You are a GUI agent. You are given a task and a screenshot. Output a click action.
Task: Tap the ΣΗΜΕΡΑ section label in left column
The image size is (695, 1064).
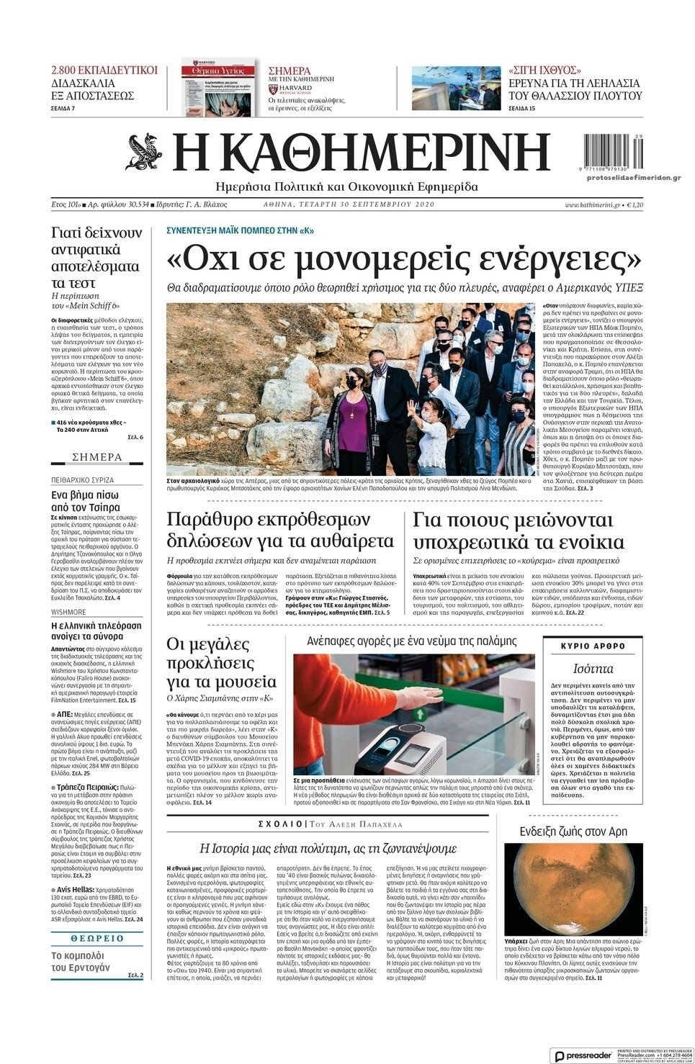97,457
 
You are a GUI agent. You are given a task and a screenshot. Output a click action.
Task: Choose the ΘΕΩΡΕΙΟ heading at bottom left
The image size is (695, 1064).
97,939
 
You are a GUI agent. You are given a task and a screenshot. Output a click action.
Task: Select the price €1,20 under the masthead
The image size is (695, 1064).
635,205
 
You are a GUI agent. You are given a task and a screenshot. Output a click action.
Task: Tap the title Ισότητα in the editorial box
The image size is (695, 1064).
593,667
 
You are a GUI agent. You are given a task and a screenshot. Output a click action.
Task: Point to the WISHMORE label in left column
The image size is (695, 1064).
68,612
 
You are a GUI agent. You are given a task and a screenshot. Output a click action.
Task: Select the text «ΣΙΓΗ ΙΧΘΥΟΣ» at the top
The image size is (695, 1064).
544,71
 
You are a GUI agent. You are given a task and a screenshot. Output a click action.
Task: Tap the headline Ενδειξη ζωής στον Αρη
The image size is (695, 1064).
573,831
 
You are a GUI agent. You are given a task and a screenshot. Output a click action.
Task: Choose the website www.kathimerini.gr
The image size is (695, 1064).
592,205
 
